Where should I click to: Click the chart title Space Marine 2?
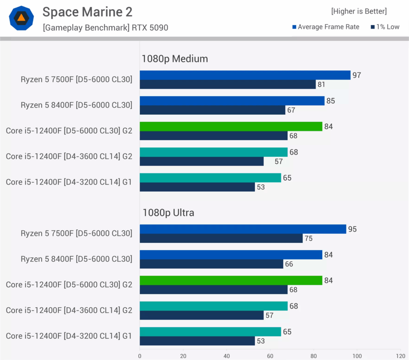point(87,12)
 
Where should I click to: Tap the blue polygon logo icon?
point(21,18)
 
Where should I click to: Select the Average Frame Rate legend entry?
point(326,27)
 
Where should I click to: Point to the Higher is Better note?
point(359,11)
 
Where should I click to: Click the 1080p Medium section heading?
point(175,59)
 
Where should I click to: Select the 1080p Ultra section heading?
point(168,213)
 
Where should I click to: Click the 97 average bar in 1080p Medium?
point(245,75)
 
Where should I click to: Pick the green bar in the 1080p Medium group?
point(231,126)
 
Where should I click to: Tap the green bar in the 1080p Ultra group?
point(231,280)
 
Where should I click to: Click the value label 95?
point(352,229)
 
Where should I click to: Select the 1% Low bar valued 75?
point(221,238)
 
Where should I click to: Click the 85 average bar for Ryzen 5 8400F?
point(232,101)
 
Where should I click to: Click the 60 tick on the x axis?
point(270,356)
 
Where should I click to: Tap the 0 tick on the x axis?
point(140,356)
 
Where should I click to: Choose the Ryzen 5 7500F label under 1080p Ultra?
point(76,233)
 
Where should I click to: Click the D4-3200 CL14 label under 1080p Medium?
point(69,182)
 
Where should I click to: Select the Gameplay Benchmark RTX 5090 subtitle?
point(105,28)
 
